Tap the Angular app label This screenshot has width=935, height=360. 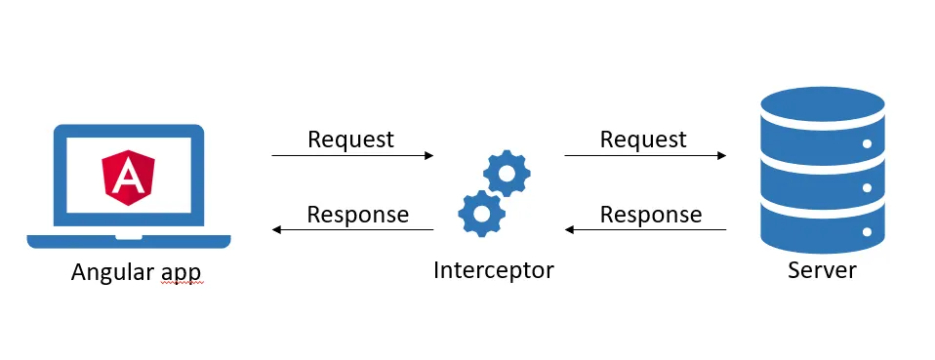point(137,272)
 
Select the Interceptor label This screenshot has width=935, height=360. point(493,269)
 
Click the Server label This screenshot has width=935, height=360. point(821,269)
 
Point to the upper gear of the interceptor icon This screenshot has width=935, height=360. point(508,175)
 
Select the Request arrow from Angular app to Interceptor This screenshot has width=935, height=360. point(352,155)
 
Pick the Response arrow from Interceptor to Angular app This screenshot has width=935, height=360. point(352,230)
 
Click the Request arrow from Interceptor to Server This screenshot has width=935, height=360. point(645,155)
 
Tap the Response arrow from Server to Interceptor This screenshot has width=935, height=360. point(645,230)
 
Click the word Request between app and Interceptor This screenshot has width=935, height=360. point(350,140)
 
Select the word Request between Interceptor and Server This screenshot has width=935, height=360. point(643,140)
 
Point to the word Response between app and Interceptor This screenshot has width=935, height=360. point(357,214)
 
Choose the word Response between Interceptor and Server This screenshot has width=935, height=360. point(650,214)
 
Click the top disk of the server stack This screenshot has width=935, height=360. point(822,102)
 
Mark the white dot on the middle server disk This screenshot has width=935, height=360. point(867,188)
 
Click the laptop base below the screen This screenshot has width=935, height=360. point(129,240)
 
